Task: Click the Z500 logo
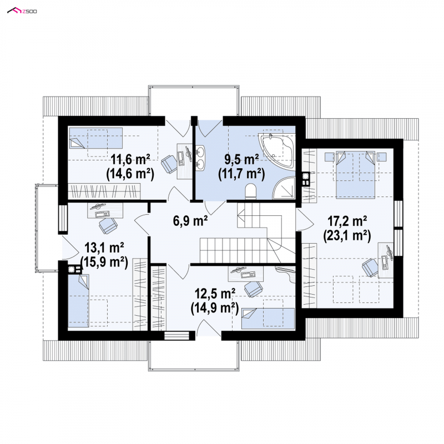tap(22, 11)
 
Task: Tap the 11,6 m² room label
tap(130, 160)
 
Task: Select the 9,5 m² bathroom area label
tap(241, 160)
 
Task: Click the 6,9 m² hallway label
tap(190, 220)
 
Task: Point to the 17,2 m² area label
tap(347, 221)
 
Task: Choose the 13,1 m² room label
tap(104, 248)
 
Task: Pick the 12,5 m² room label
tap(215, 294)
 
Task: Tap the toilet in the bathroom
tap(250, 191)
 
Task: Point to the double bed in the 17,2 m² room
tap(355, 174)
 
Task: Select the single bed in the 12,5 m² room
tap(268, 318)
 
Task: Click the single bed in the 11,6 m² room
tap(95, 138)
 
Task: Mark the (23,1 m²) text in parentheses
tap(347, 236)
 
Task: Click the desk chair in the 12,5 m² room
tap(254, 289)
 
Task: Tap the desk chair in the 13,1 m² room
tap(108, 225)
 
